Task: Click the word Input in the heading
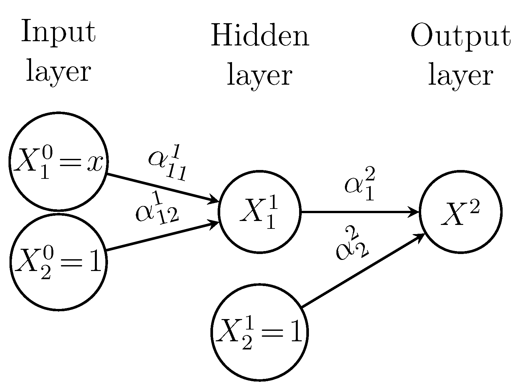pos(58,32)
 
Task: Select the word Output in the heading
pos(460,36)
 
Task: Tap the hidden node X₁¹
pos(259,212)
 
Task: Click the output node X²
pos(460,212)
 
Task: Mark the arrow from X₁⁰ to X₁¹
pos(160,188)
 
